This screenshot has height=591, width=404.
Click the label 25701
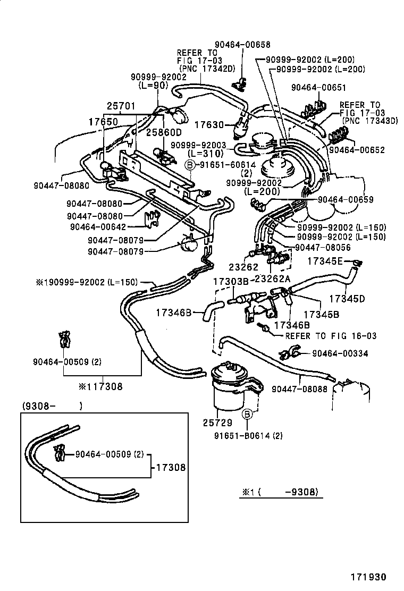(x=122, y=106)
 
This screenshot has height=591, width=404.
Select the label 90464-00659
(x=346, y=200)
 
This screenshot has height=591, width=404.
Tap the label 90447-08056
(x=323, y=248)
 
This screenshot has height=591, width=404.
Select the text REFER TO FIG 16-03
(x=331, y=336)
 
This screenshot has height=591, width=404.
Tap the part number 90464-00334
(x=340, y=353)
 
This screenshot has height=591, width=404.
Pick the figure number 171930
(x=368, y=577)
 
